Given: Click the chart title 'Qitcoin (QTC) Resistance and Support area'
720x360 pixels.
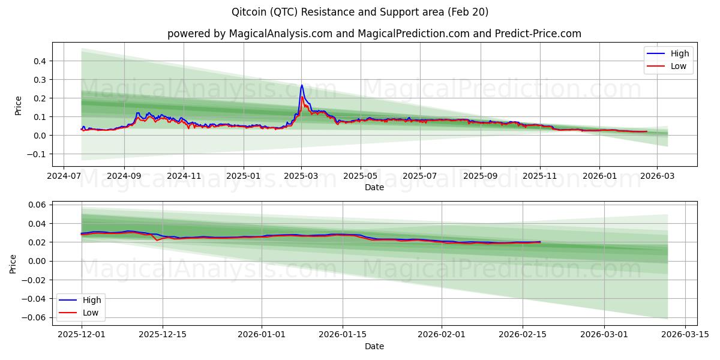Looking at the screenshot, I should click(359, 12).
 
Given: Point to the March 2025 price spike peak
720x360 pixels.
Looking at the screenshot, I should click(302, 85).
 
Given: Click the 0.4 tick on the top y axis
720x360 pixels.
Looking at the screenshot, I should click(40, 61).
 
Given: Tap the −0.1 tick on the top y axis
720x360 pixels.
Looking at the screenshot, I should click(38, 154).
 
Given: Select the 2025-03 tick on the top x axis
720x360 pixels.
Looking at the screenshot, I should click(301, 177).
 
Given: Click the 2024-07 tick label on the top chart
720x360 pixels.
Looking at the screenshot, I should click(64, 177).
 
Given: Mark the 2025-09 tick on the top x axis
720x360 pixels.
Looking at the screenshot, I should click(480, 177).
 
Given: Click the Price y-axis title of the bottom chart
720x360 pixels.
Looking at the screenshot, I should click(13, 263).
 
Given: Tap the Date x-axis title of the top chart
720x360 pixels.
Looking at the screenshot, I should click(374, 187).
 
